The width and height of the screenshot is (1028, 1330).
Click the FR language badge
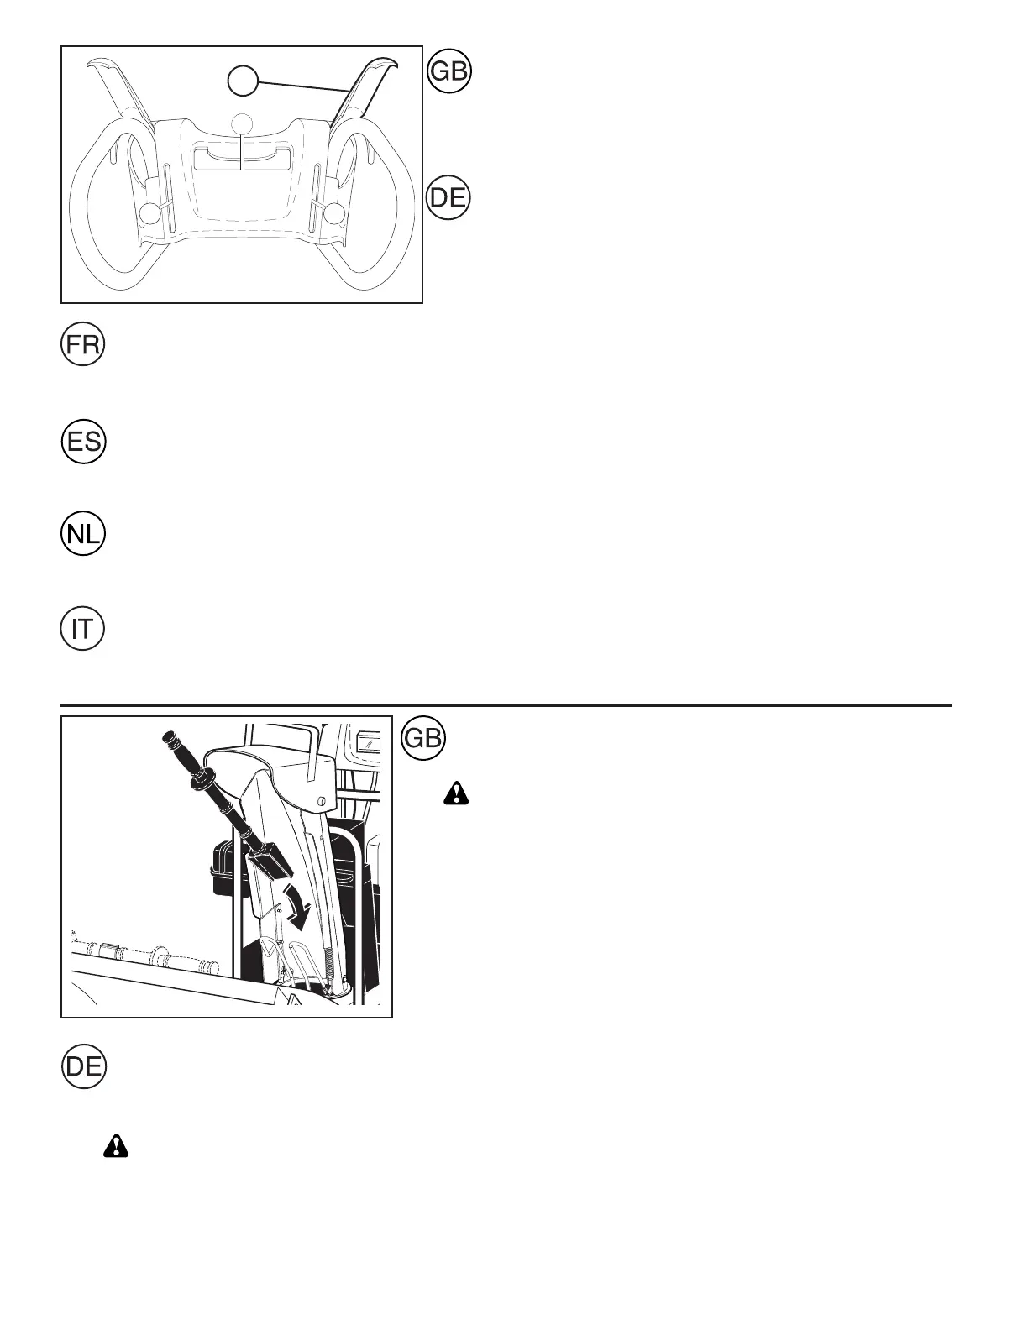click(x=82, y=345)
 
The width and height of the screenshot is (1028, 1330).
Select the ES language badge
click(x=82, y=442)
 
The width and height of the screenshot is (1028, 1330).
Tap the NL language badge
click(x=82, y=535)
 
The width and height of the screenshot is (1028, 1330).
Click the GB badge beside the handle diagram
click(x=449, y=72)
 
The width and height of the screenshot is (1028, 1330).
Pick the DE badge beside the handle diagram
click(x=449, y=199)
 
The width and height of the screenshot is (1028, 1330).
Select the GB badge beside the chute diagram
click(x=424, y=738)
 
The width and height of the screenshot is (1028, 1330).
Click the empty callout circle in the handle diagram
click(x=243, y=81)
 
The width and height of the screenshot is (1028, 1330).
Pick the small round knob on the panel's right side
click(x=335, y=213)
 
